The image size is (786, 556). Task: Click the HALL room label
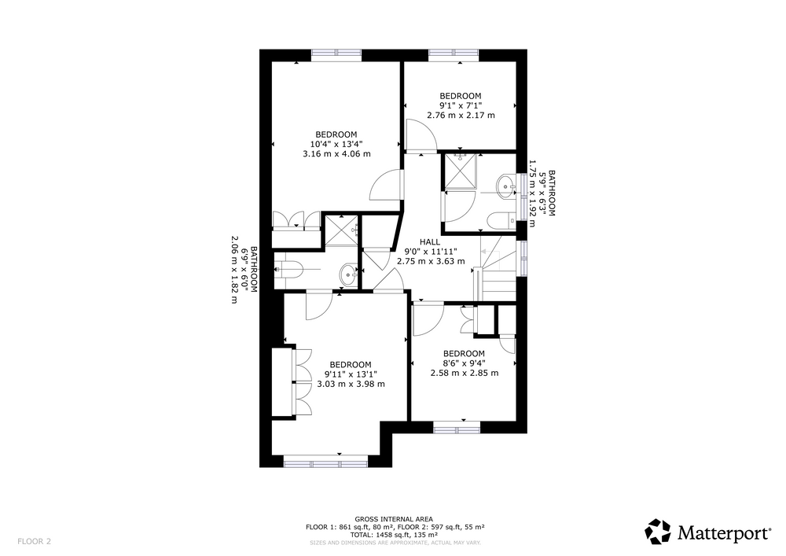pos(430,242)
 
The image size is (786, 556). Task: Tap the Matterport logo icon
pos(657,532)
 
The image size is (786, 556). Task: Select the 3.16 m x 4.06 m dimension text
pos(337,154)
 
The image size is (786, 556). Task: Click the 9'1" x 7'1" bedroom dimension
pos(461,105)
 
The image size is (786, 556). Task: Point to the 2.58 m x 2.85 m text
pos(465,373)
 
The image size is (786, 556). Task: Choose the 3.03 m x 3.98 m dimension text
pos(351,384)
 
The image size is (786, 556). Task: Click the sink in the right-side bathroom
pos(505,186)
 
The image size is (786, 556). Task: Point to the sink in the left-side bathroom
pos(349,274)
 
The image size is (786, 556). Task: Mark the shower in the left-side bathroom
pos(341,230)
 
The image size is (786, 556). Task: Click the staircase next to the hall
pos(498,269)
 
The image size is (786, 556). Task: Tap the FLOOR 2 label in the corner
pos(34,542)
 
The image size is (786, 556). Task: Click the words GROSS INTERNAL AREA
pos(394,519)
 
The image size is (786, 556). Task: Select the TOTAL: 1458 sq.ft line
pos(394,535)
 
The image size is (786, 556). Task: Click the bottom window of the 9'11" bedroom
pos(326,462)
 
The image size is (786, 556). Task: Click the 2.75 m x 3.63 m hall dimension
pos(431,261)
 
